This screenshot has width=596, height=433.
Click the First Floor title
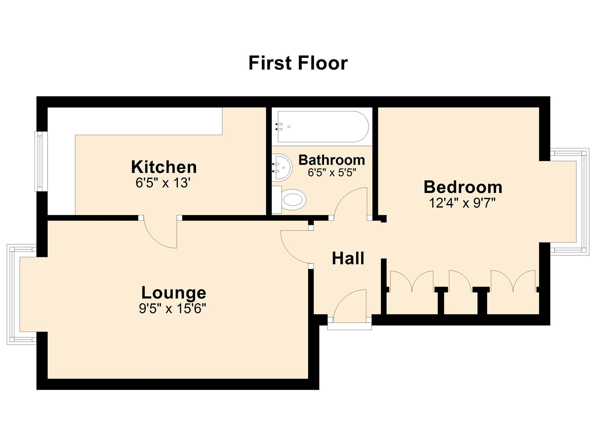[x=298, y=63]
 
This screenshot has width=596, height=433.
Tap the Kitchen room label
[x=164, y=167]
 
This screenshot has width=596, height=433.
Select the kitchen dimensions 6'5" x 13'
[x=163, y=183]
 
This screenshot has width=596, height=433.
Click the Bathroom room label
[x=332, y=160]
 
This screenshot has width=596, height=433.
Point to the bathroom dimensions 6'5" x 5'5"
[x=332, y=173]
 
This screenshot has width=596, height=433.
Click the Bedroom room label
[x=463, y=187]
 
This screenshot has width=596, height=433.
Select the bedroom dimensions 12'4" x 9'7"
[x=462, y=203]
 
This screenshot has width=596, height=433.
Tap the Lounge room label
[x=173, y=293]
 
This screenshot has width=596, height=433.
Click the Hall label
[x=348, y=259]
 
